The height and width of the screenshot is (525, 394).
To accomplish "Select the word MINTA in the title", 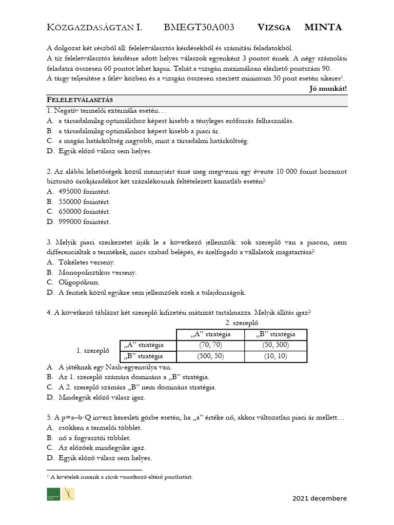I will (x=323, y=28).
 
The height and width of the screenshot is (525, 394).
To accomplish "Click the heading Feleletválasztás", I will (x=80, y=99).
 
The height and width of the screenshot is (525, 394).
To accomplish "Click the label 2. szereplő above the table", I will (x=242, y=323).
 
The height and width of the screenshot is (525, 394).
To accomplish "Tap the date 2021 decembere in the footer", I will (x=320, y=498).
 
